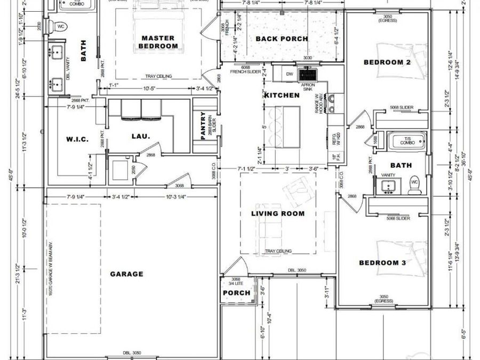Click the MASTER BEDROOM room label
tap(158, 42)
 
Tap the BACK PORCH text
tap(281, 39)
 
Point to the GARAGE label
tap(126, 274)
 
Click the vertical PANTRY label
tap(203, 126)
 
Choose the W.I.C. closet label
tap(76, 140)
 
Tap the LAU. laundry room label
tap(141, 136)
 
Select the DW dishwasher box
tap(290, 74)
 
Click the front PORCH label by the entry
tap(236, 293)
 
